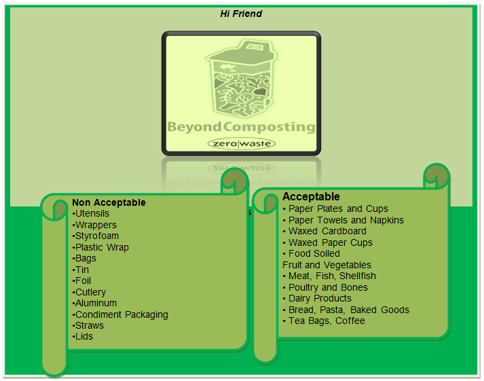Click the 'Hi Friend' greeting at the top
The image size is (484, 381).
pyautogui.click(x=241, y=14)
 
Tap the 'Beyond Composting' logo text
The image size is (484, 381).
pyautogui.click(x=241, y=127)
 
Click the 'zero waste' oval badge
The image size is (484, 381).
pyautogui.click(x=241, y=144)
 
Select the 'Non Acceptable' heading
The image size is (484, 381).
pyautogui.click(x=109, y=202)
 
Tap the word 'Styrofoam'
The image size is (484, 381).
pyautogui.click(x=98, y=236)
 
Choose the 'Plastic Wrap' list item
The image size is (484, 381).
pyautogui.click(x=102, y=247)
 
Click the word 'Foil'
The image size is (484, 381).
pyautogui.click(x=83, y=280)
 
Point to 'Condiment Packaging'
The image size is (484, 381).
pyautogui.click(x=122, y=314)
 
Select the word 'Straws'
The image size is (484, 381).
pyautogui.click(x=90, y=325)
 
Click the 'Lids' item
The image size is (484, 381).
pyautogui.click(x=84, y=336)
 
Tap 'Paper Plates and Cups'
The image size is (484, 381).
pyautogui.click(x=338, y=208)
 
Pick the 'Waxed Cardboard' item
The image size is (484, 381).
pyautogui.click(x=327, y=231)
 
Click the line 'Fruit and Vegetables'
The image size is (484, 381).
pyautogui.click(x=327, y=265)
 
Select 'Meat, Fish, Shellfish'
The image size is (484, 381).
pyautogui.click(x=332, y=276)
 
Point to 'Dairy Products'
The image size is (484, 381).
pyautogui.click(x=320, y=298)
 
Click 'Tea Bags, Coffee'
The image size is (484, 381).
pyautogui.click(x=327, y=321)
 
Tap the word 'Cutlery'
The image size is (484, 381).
pyautogui.click(x=90, y=292)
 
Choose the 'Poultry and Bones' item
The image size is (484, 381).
pyautogui.click(x=328, y=287)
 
